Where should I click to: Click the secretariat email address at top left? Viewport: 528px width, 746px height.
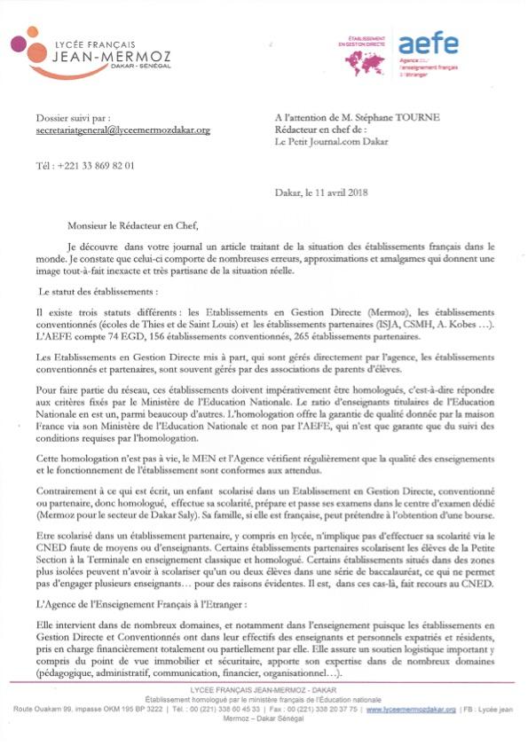[123, 130]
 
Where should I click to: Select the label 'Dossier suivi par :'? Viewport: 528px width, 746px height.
[73, 117]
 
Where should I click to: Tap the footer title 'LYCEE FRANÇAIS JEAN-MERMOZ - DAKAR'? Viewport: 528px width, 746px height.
[264, 689]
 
